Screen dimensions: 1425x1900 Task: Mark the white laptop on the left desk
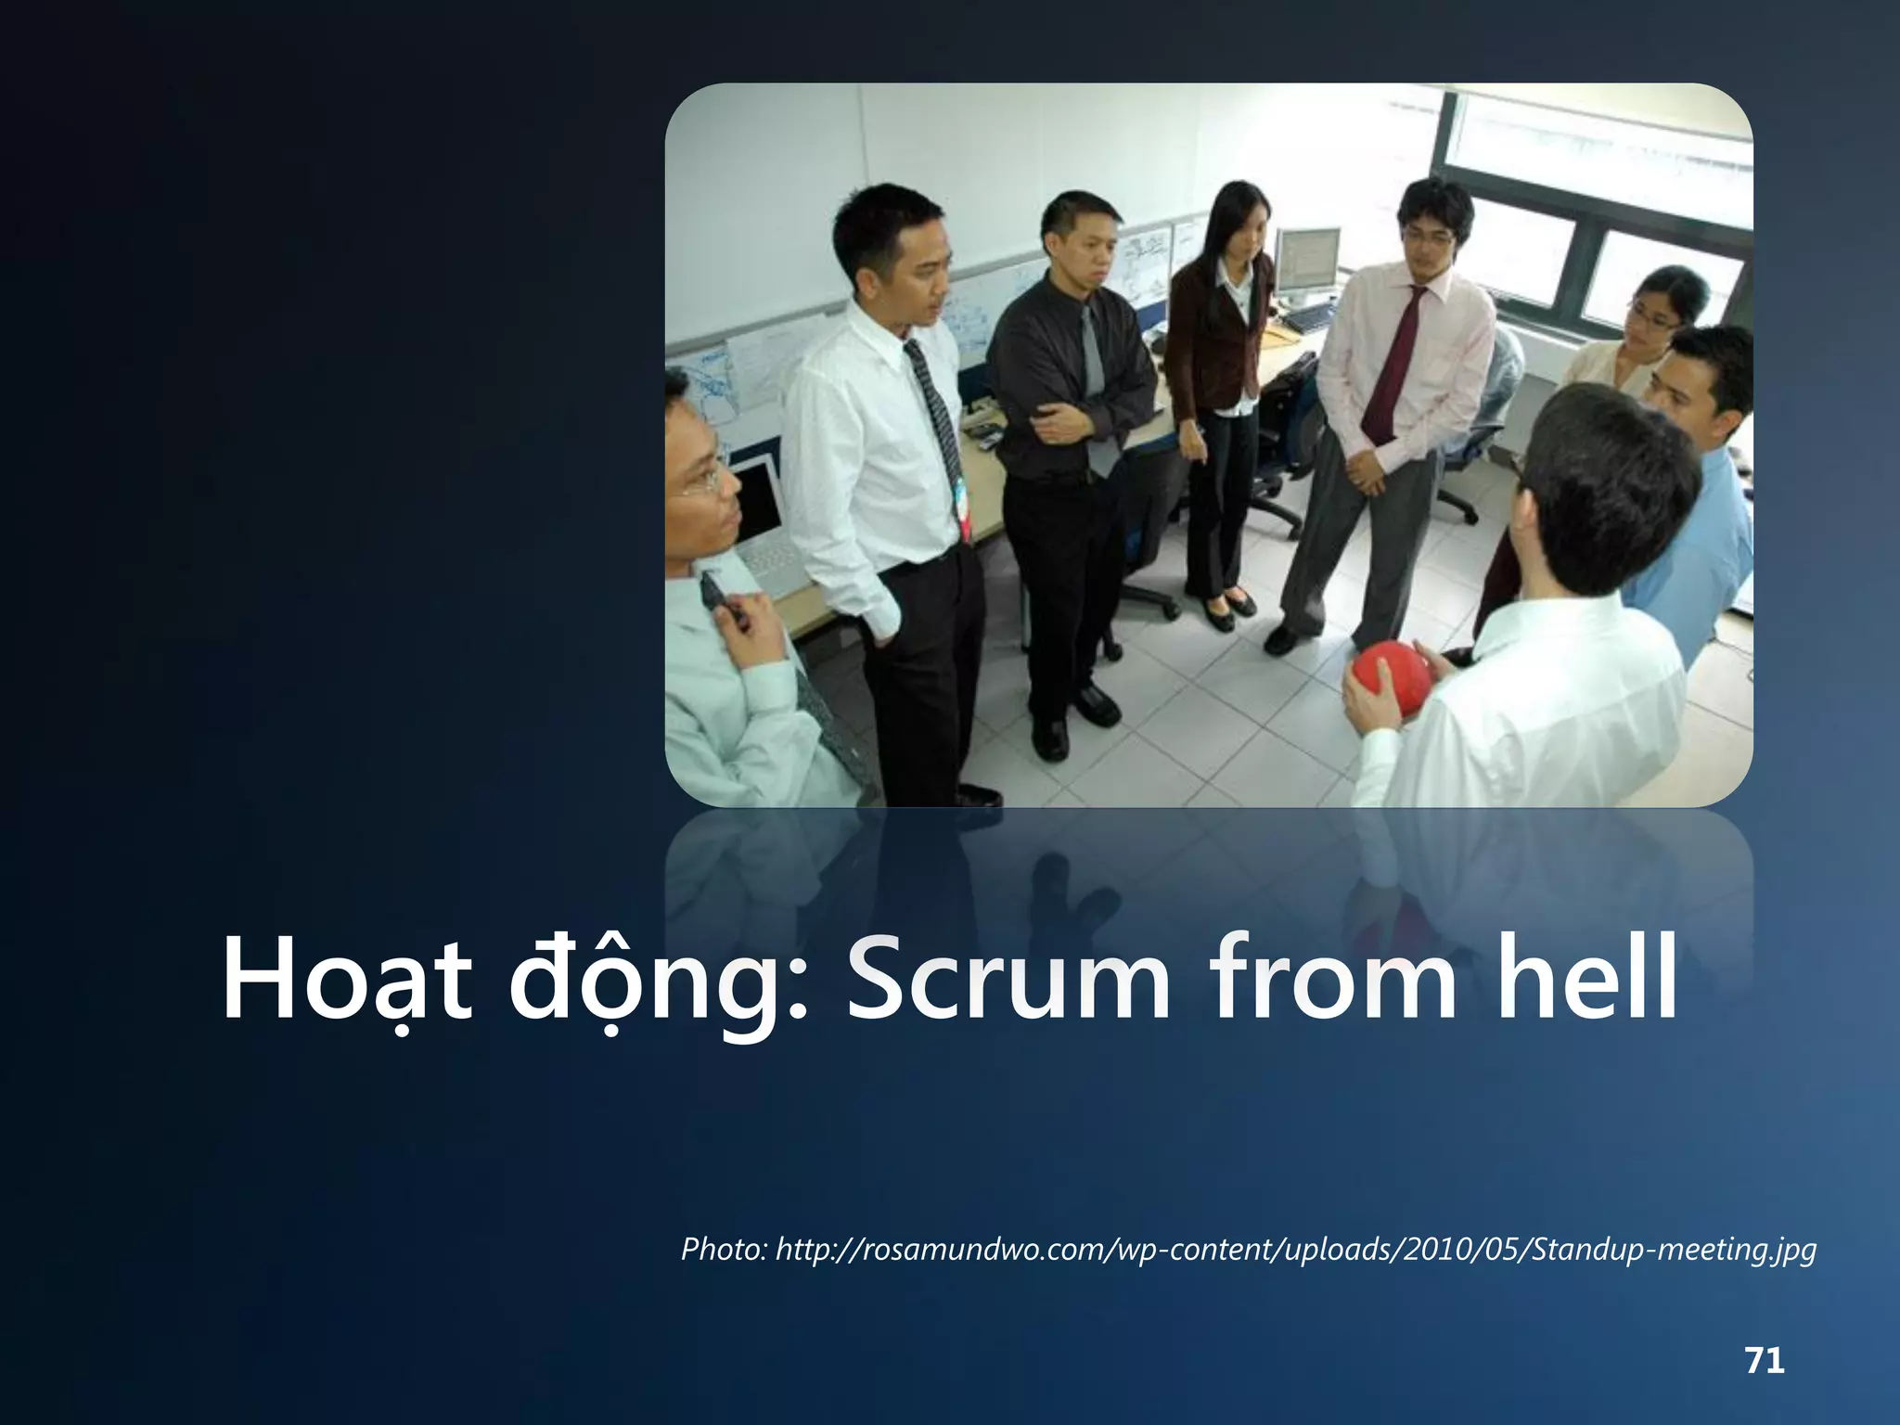(761, 520)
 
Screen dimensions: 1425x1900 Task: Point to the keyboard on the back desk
(1312, 318)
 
